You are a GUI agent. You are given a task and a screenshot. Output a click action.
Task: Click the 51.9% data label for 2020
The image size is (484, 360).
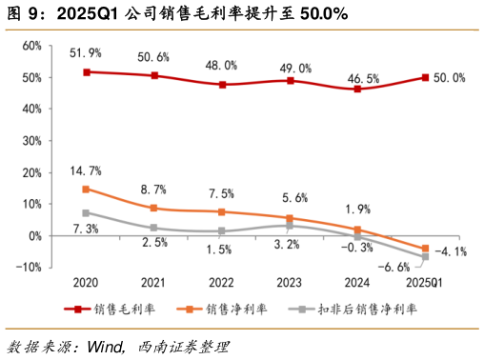pos(86,50)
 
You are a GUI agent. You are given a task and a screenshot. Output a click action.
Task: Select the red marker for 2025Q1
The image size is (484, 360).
pos(425,78)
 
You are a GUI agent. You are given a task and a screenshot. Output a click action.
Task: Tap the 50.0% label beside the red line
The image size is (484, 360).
pos(449,78)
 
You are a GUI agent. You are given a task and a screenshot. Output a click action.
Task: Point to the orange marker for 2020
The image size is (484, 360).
pos(86,190)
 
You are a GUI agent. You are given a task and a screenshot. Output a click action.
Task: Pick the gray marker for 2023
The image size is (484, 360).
pos(290,226)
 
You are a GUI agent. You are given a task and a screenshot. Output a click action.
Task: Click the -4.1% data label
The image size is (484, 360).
pos(451,252)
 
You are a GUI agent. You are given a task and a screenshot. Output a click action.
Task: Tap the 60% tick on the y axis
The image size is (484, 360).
pos(30,46)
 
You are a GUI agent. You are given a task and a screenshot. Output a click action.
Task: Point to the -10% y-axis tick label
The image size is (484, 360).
pos(28,268)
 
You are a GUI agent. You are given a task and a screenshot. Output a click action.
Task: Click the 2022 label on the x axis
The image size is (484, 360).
pos(221,283)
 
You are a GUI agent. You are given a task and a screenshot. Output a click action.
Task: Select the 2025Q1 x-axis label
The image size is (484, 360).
pos(425,283)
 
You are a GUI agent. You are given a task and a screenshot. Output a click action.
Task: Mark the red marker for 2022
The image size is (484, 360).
pos(222,85)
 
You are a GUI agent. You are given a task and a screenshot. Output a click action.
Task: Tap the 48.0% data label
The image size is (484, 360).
pos(222,66)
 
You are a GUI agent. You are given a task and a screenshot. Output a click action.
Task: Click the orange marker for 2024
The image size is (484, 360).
pos(357,230)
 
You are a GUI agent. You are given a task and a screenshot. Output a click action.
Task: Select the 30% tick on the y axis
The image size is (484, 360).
pos(30,141)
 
